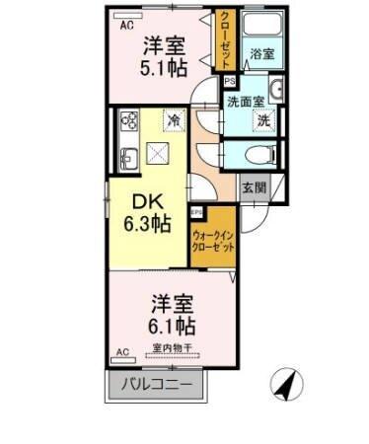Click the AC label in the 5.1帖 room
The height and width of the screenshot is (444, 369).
pyautogui.click(x=125, y=27)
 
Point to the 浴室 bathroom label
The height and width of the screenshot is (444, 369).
pyautogui.click(x=261, y=53)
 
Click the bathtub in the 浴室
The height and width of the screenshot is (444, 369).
pyautogui.click(x=261, y=30)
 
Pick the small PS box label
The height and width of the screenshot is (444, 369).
pyautogui.click(x=230, y=83)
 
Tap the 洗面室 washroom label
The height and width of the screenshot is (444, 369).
pyautogui.click(x=247, y=101)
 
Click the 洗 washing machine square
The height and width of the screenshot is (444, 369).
pyautogui.click(x=263, y=120)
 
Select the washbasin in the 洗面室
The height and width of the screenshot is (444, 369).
pyautogui.click(x=276, y=92)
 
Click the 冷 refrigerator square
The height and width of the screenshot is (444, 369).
pyautogui.click(x=174, y=120)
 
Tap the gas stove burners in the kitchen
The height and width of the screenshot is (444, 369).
pyautogui.click(x=130, y=121)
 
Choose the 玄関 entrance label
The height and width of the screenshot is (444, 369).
pyautogui.click(x=254, y=186)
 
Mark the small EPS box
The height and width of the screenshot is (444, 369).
pyautogui.click(x=196, y=212)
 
